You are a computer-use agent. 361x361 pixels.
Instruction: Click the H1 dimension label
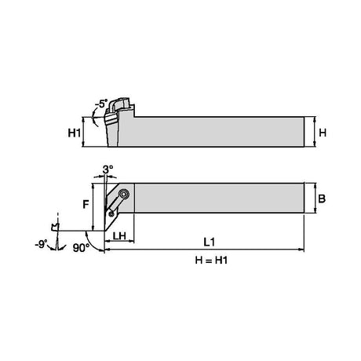point(74,133)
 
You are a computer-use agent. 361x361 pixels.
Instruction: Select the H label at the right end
point(323,133)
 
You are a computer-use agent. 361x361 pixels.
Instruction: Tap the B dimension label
point(322,199)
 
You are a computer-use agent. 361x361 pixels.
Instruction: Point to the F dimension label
point(86,205)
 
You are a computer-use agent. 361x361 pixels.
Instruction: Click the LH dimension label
point(119,236)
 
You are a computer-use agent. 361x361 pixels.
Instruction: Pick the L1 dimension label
point(210,242)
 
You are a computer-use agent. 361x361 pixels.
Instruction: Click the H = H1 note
point(211,261)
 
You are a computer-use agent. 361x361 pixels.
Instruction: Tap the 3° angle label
point(108,170)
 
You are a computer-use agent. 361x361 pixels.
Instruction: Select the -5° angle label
point(101,104)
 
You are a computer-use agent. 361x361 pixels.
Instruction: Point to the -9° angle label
point(42,245)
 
